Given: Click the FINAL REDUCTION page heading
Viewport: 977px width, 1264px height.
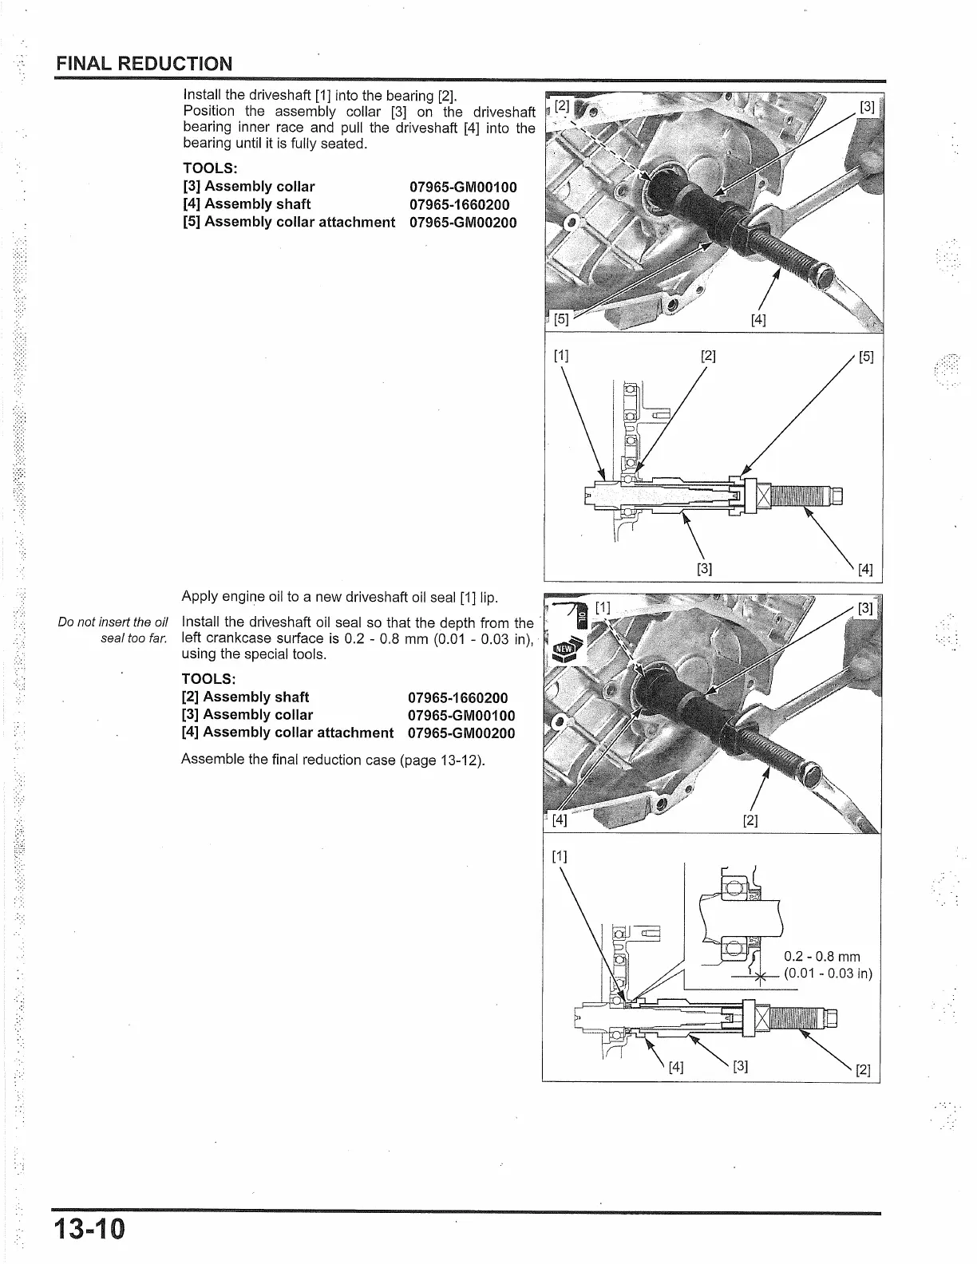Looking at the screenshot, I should (144, 64).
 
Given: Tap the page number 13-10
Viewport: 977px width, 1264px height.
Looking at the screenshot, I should (90, 1228).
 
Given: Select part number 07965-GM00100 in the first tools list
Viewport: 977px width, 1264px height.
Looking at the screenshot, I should (463, 188).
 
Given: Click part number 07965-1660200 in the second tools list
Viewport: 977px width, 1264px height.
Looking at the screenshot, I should (457, 698).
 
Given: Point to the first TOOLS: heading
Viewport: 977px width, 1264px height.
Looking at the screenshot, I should (211, 168).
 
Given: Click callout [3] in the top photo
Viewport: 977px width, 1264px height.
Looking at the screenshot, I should (866, 108).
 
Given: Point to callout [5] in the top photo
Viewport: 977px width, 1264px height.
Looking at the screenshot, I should (561, 320).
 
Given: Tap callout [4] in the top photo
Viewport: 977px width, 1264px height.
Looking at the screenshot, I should (758, 321).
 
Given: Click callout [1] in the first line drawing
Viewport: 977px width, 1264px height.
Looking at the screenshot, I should (560, 357).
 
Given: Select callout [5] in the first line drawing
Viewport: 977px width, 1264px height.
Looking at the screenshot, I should (865, 357).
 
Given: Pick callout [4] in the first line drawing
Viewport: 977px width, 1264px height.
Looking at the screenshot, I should (864, 570).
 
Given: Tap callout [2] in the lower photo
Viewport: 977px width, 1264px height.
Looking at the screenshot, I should (750, 820).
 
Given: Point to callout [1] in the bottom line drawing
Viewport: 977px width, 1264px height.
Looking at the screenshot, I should (559, 857).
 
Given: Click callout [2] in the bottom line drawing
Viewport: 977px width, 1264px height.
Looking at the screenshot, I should (863, 1069).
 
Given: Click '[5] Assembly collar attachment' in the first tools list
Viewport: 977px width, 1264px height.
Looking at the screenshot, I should (289, 222).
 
